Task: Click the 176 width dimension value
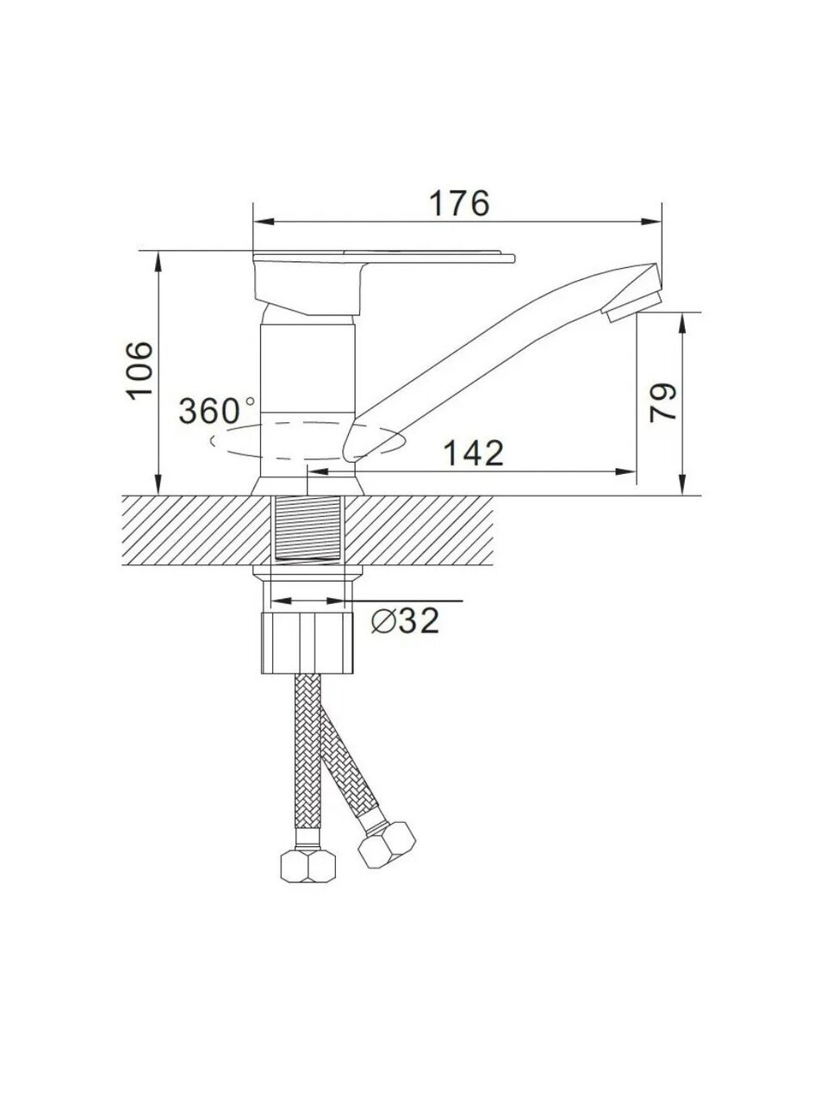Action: (459, 203)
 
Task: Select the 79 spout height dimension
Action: (662, 402)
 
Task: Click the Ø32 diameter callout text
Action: (405, 620)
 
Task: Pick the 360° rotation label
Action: (216, 410)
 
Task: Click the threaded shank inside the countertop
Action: (308, 527)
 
